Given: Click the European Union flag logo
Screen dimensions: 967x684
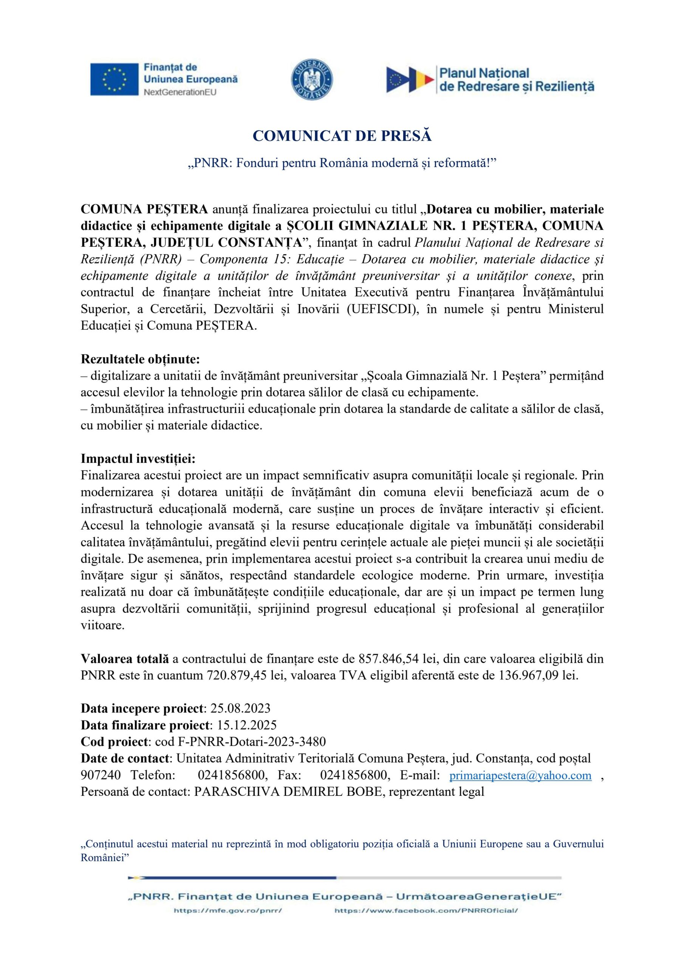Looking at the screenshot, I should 114,79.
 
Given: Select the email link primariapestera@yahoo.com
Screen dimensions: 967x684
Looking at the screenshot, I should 520,775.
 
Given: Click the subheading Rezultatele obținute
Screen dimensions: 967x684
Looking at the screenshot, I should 140,359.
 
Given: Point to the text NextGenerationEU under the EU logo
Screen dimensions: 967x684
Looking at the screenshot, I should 180,92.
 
